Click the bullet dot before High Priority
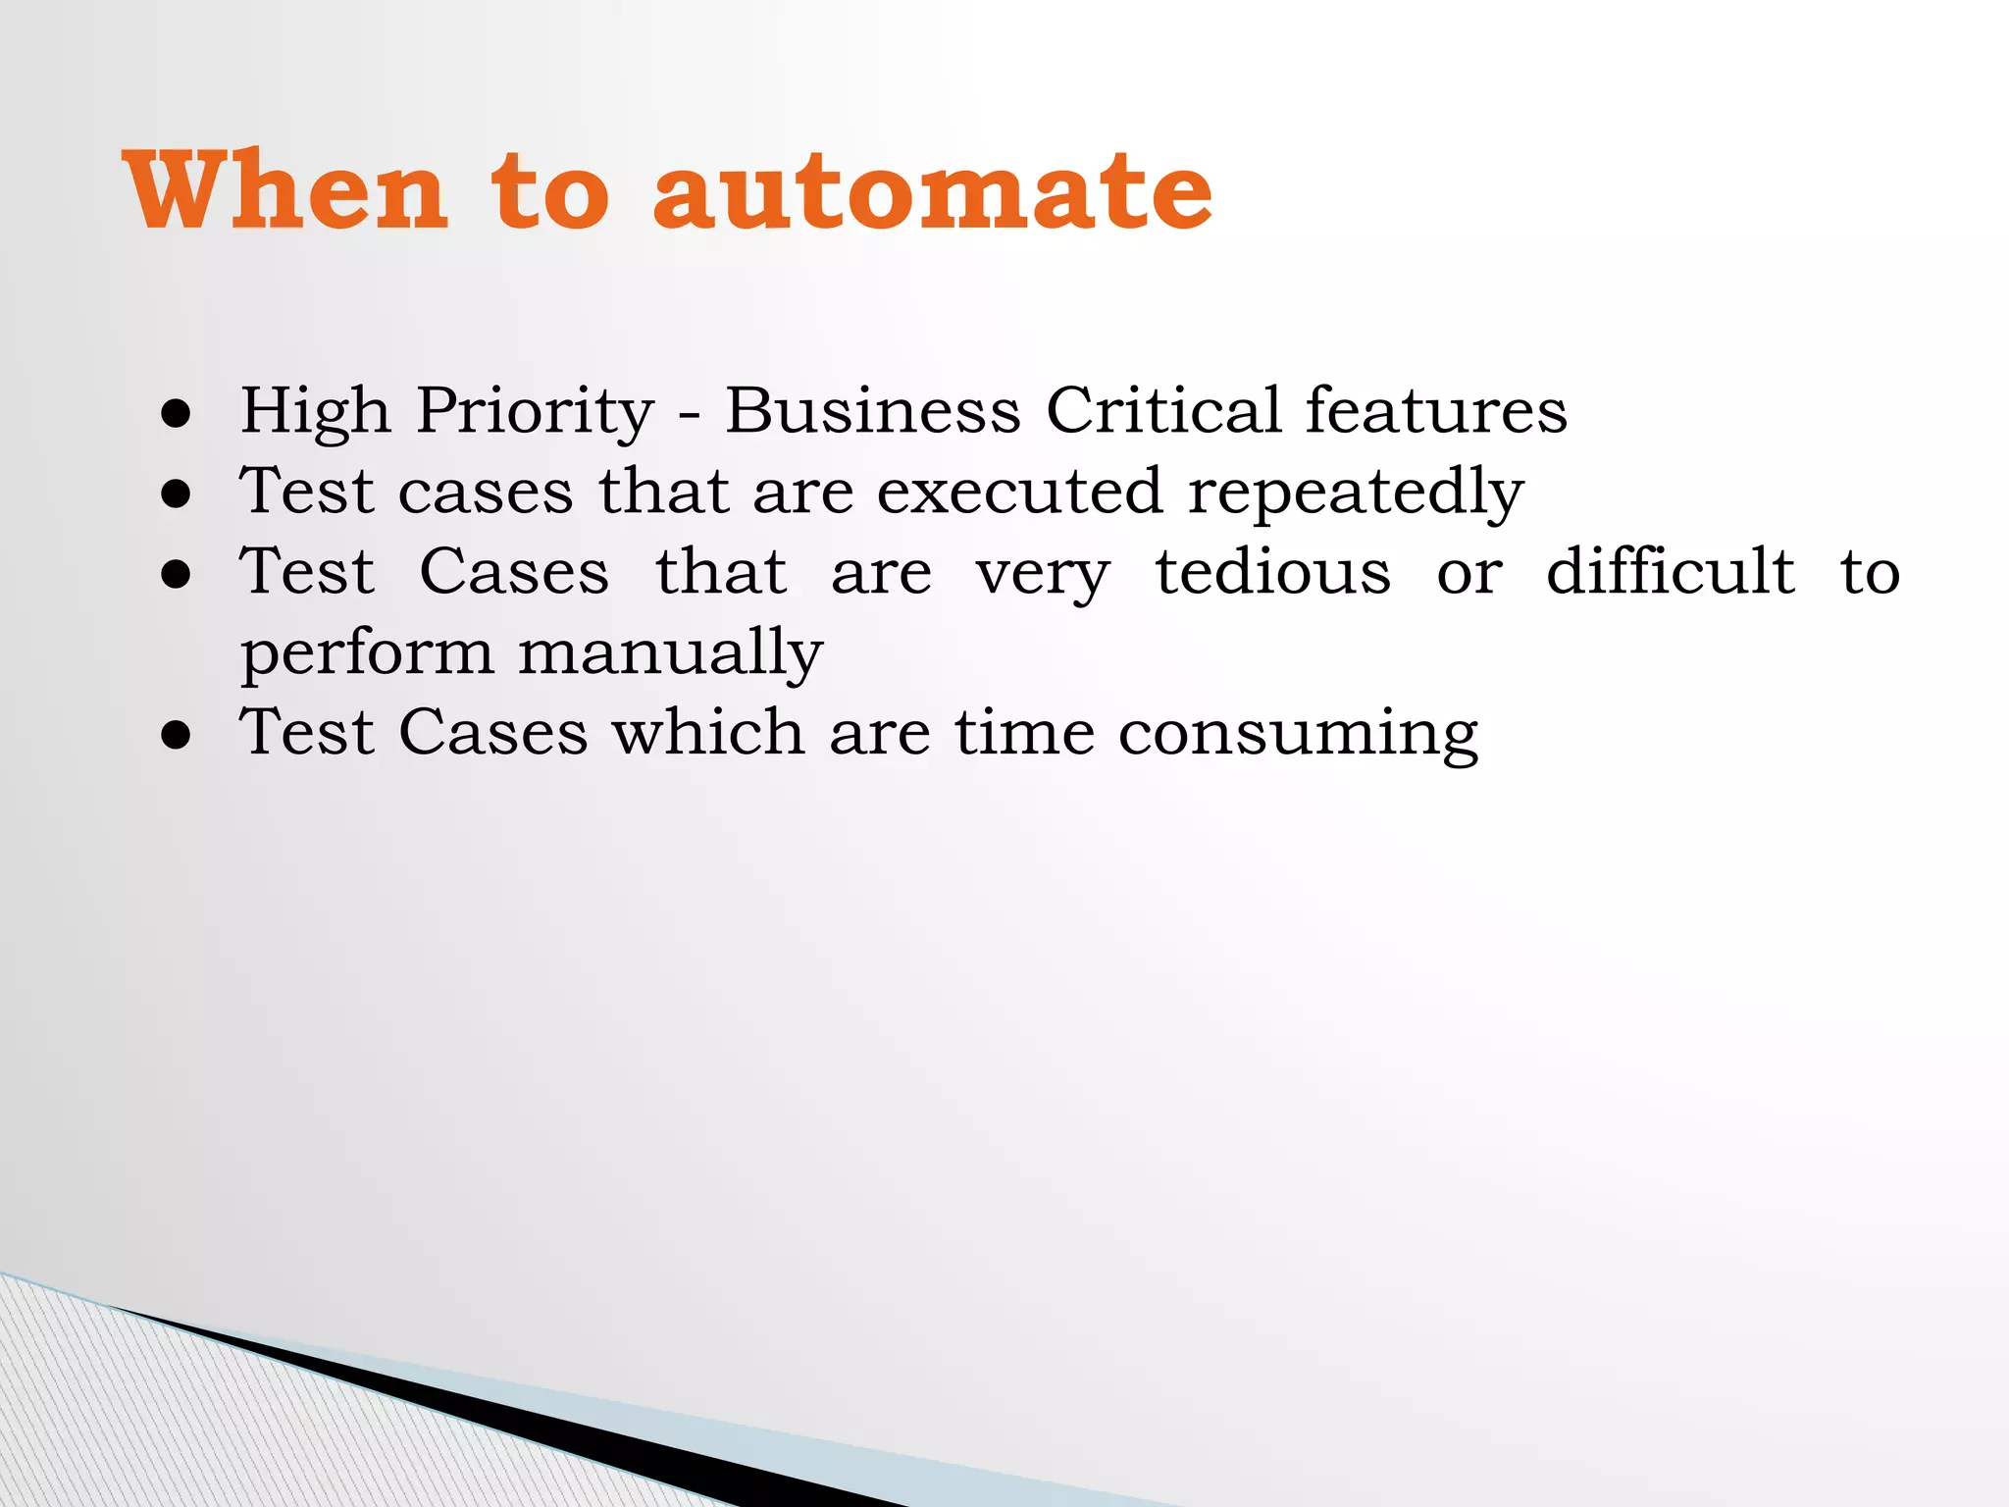tap(177, 415)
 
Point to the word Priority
tap(535, 411)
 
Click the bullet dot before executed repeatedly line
tap(177, 495)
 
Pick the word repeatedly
tap(1356, 493)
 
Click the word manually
tap(670, 653)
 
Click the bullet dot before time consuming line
tap(177, 737)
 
